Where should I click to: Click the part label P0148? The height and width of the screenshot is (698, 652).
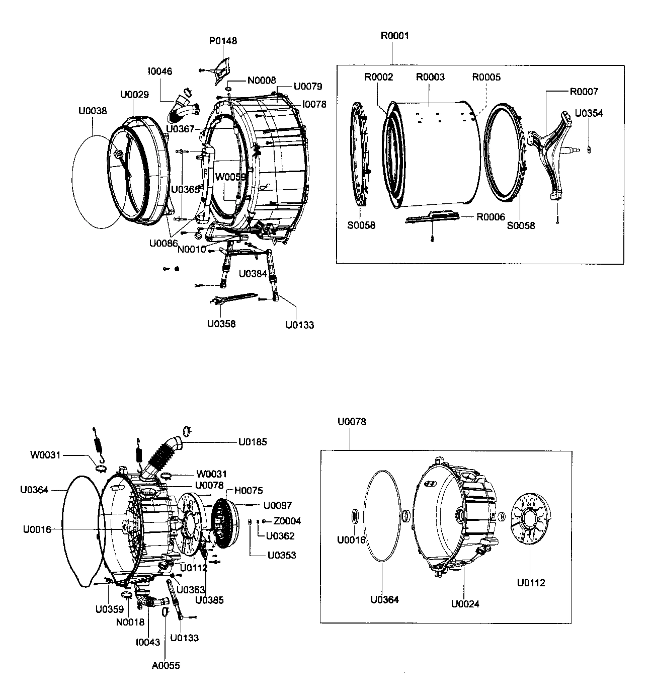click(x=223, y=41)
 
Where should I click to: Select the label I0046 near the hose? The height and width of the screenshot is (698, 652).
click(x=160, y=71)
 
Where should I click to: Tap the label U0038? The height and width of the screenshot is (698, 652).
click(x=93, y=111)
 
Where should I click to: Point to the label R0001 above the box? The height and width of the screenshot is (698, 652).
click(x=394, y=36)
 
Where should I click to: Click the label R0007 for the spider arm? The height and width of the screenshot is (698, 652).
click(x=584, y=92)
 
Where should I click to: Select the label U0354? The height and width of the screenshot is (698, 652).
click(x=589, y=113)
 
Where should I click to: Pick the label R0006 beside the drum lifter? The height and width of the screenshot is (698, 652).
click(x=491, y=217)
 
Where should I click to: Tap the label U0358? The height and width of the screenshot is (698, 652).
click(x=221, y=324)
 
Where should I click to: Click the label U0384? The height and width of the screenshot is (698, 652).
click(x=253, y=274)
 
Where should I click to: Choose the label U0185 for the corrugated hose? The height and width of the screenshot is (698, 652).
click(x=253, y=442)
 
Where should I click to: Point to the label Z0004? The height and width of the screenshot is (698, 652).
click(x=287, y=521)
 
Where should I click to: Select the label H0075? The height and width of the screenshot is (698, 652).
click(x=248, y=491)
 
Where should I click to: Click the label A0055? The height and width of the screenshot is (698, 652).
click(x=166, y=665)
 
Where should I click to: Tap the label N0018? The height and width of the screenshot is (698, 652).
click(x=130, y=622)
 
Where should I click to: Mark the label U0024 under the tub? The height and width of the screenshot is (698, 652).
click(x=465, y=603)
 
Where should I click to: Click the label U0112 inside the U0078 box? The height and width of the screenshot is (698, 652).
click(x=531, y=583)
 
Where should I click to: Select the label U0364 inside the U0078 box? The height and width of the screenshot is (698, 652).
click(x=384, y=599)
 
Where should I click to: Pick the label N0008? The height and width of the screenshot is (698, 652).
click(x=261, y=81)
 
